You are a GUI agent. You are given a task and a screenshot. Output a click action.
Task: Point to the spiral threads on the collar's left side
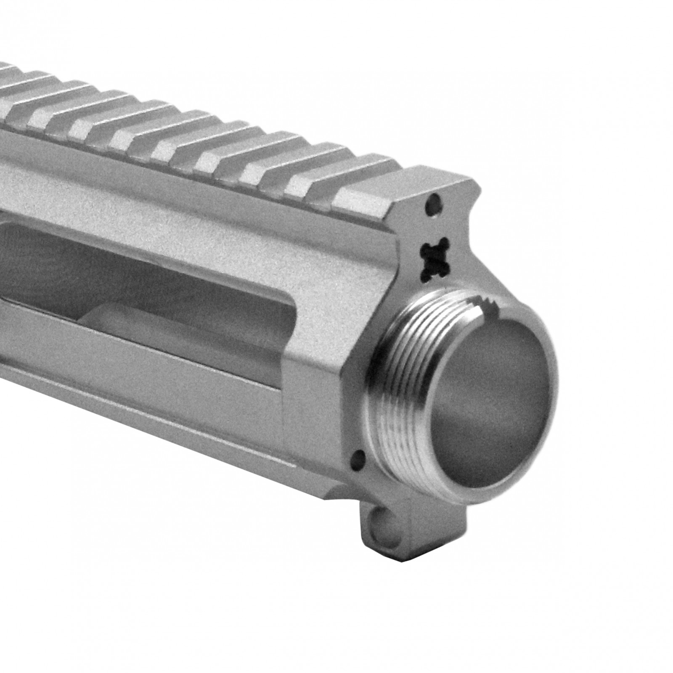[385, 379]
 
